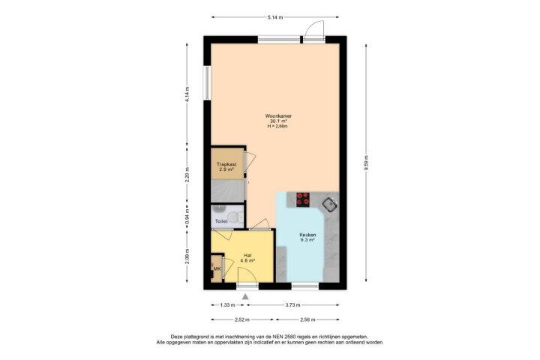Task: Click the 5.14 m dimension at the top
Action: pyautogui.click(x=275, y=17)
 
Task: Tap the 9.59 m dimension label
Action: pyautogui.click(x=366, y=163)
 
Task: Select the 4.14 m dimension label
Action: pyautogui.click(x=187, y=94)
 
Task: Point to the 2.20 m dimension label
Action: pyautogui.click(x=187, y=175)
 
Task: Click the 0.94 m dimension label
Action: pyautogui.click(x=187, y=216)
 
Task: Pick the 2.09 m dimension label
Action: pyautogui.click(x=187, y=256)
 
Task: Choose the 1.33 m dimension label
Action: pyautogui.click(x=227, y=305)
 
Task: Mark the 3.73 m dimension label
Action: pyautogui.click(x=293, y=305)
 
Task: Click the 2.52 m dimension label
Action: pyautogui.click(x=241, y=319)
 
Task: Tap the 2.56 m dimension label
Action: pyautogui.click(x=307, y=319)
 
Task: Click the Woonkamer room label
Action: pyautogui.click(x=278, y=116)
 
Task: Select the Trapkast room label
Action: pyautogui.click(x=226, y=165)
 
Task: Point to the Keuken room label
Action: pyautogui.click(x=307, y=235)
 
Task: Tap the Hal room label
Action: pyautogui.click(x=247, y=256)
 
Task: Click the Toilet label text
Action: pyautogui.click(x=221, y=221)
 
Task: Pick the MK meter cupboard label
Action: pyautogui.click(x=217, y=268)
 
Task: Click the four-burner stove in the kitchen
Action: pyautogui.click(x=303, y=199)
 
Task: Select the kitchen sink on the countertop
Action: pyautogui.click(x=330, y=205)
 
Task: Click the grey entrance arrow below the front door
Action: pyautogui.click(x=245, y=296)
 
